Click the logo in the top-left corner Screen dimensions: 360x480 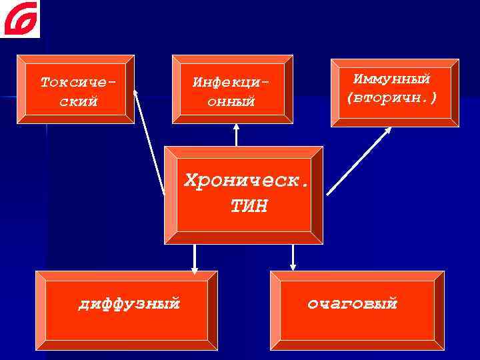pos(20,19)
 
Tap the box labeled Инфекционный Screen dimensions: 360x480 pos(233,89)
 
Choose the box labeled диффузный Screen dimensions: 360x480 pos(127,310)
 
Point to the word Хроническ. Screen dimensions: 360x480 pos(247,180)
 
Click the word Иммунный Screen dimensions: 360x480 pos(391,79)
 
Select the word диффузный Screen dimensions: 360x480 pos(129,305)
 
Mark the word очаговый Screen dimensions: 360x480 pos(352,305)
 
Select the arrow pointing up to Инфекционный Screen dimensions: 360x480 pos(236,135)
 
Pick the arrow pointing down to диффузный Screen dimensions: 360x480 pos(195,259)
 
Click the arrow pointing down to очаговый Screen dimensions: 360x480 pos(292,257)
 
